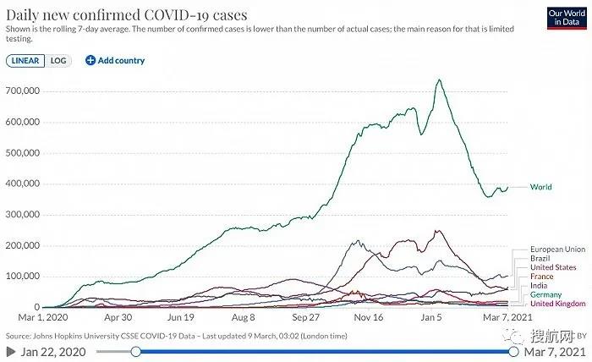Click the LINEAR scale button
tap(25, 61)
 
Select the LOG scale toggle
tap(58, 61)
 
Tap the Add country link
tap(115, 61)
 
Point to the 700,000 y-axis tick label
tap(23, 90)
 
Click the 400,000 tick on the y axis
tap(23, 184)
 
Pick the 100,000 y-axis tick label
tap(23, 277)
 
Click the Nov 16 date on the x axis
tap(370, 319)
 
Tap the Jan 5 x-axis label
tap(432, 319)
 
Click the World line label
tap(540, 187)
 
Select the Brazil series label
tap(540, 259)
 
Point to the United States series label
tap(552, 268)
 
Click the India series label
tap(539, 286)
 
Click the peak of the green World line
tap(439, 80)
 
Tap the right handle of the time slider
tap(513, 351)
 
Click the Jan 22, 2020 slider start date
tap(55, 351)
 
